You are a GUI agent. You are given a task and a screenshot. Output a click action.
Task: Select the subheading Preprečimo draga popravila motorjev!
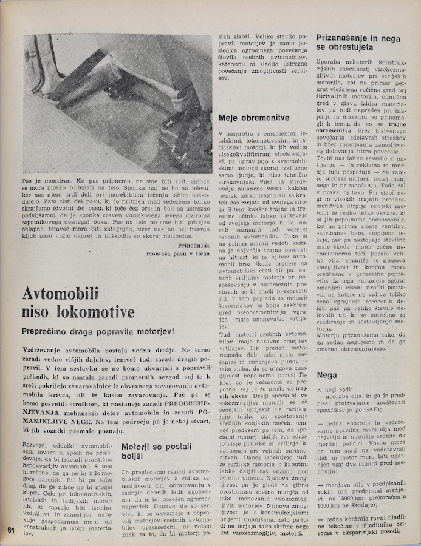point(98,332)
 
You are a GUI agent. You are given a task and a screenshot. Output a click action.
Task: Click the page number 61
point(10,530)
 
